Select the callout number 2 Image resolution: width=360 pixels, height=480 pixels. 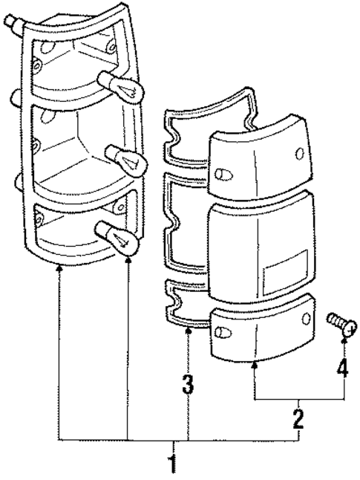click(298, 418)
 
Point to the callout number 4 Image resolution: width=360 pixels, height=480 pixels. click(342, 367)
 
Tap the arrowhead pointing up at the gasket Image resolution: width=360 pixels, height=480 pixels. click(189, 332)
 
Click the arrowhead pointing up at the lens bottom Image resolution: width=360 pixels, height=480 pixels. click(256, 363)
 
